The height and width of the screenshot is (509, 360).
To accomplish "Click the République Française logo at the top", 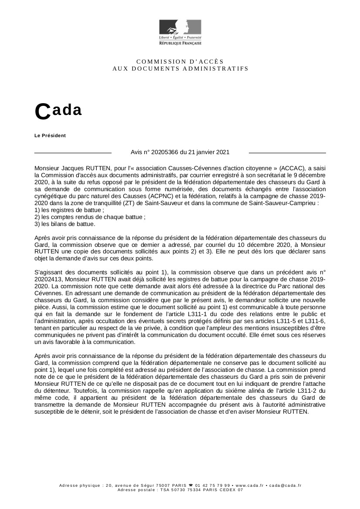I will tap(180, 32).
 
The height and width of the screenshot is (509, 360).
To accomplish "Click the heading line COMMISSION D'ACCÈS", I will tap(180, 61).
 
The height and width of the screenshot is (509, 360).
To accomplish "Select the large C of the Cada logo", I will tap(43, 112).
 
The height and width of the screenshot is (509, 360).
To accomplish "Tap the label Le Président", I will tap(50, 135).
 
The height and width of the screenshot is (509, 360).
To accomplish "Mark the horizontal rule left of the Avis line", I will tap(73, 153).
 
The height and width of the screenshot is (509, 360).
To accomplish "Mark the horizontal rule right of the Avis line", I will tap(287, 153).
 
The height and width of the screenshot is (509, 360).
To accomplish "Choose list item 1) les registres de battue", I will tap(69, 210).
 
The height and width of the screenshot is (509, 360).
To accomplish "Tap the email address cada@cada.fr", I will tap(285, 485).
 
